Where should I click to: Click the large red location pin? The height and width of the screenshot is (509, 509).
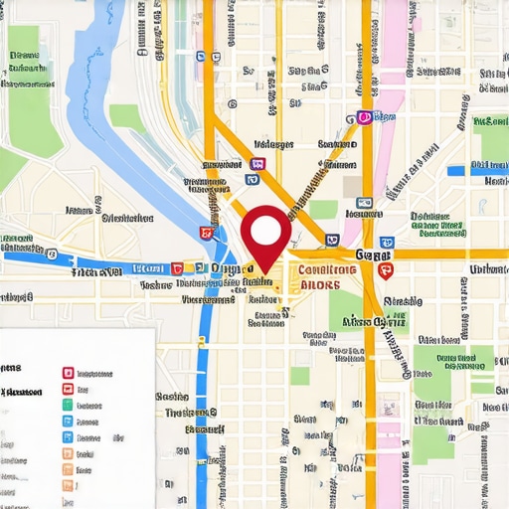tap(265, 236)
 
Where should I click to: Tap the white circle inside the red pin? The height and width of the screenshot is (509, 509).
tap(265, 231)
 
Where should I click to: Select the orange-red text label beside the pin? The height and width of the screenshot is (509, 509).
tap(320, 276)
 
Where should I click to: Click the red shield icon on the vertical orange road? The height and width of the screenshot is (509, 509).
tap(387, 269)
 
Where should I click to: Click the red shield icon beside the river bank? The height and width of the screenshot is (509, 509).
tap(207, 234)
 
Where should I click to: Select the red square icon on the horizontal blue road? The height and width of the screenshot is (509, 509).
tap(177, 267)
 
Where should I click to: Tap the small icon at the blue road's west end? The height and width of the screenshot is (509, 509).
tap(4, 255)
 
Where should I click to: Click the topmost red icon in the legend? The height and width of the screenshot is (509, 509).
tap(68, 373)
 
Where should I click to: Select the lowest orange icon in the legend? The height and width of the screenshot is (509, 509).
tap(68, 485)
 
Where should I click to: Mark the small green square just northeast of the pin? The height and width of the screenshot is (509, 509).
tap(323, 210)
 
